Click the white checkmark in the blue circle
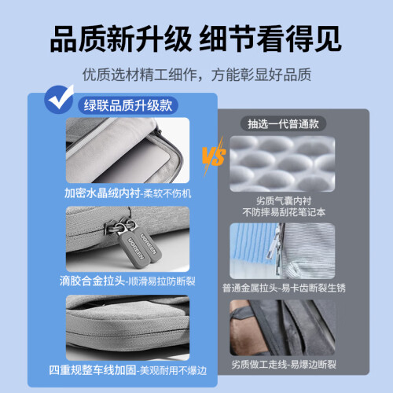pos(61,97)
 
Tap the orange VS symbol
pos(214,156)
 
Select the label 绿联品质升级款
pos(128,105)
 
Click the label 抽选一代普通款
pos(283,123)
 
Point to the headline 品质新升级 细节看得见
pos(196,39)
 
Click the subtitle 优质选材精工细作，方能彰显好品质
pos(196,75)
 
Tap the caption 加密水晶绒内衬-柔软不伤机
pos(128,193)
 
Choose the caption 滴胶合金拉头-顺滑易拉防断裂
pos(127,281)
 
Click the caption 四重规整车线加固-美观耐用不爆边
pos(128,370)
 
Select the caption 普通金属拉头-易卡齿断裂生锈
pos(284,288)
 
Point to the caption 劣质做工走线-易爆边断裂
pos(284,364)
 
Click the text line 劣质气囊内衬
pos(284,201)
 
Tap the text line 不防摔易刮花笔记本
pos(284,212)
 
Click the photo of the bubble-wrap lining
pos(282,163)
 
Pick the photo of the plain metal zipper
pos(282,251)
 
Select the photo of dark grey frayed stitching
pos(282,328)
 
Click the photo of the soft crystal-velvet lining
pos(127,150)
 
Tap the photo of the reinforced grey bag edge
pos(127,328)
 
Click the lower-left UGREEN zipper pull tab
pos(134,248)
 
